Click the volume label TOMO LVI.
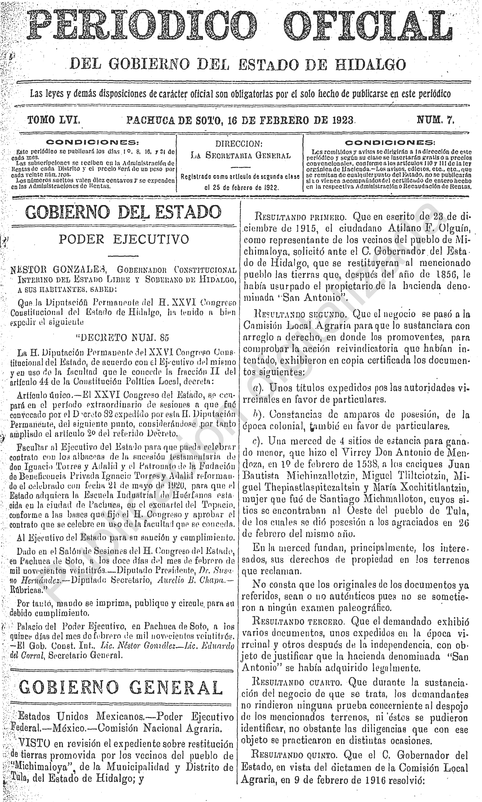(54, 121)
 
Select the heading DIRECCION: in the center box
(239, 144)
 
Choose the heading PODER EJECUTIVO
(123, 239)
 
